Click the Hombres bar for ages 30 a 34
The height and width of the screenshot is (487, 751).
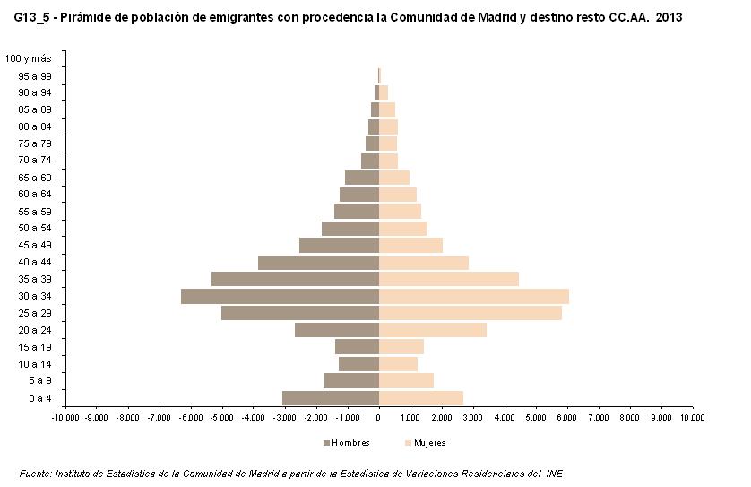(x=280, y=296)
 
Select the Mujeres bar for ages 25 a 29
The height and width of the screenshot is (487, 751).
(x=470, y=313)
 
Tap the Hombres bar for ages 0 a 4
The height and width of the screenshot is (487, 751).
(x=330, y=398)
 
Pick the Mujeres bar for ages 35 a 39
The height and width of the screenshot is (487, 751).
(x=448, y=279)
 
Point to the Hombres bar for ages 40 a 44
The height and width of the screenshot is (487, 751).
(x=318, y=262)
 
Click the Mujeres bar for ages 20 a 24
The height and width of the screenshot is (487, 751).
(x=432, y=330)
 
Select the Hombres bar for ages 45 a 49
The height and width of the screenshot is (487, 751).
(x=339, y=245)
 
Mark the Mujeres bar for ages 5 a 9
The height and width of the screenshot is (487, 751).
(x=406, y=381)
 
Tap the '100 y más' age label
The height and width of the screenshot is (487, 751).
(x=28, y=58)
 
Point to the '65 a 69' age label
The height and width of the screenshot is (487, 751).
(x=34, y=178)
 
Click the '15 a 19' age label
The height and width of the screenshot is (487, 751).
(x=34, y=347)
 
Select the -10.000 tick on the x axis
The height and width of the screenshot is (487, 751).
(x=65, y=417)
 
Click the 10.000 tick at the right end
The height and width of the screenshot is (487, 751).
(x=692, y=417)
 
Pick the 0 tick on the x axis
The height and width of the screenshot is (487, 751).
(x=378, y=417)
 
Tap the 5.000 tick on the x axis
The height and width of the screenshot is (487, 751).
(x=535, y=417)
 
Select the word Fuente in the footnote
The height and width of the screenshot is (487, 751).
(x=35, y=473)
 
